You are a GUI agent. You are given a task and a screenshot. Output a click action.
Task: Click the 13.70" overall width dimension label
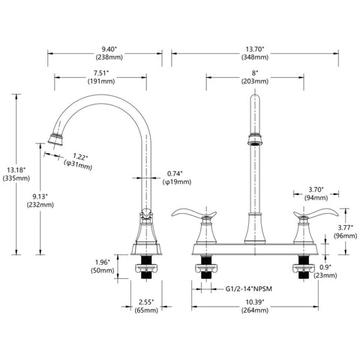(255, 53)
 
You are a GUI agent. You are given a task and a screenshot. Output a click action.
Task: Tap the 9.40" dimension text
(109, 49)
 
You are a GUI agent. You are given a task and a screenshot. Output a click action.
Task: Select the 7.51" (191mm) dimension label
(101, 77)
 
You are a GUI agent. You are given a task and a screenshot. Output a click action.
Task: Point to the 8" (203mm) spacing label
(255, 77)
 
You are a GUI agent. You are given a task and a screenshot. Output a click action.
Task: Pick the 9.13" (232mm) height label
(40, 200)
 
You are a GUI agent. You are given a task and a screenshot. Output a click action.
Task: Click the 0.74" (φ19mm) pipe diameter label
(177, 178)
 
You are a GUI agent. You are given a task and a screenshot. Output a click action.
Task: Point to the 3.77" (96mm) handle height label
(346, 232)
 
